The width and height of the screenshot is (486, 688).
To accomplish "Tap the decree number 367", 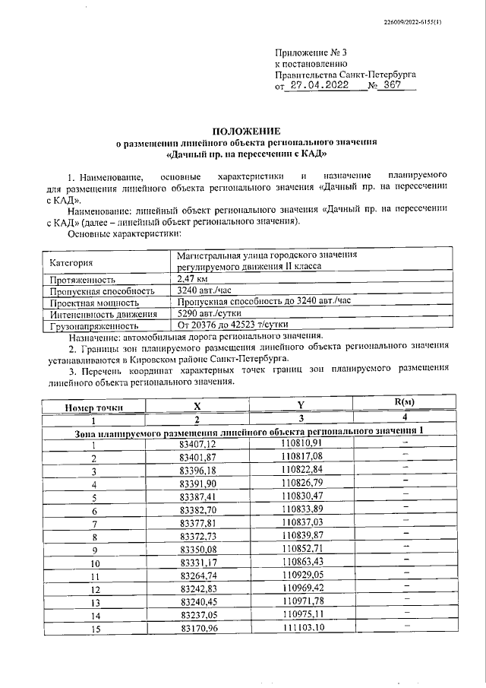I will pyautogui.click(x=392, y=87).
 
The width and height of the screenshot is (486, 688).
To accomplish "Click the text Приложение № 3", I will pyautogui.click(x=310, y=53).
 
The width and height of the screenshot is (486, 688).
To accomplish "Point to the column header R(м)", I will pyautogui.click(x=404, y=401).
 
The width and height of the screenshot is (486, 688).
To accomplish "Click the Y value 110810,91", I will pyautogui.click(x=301, y=443).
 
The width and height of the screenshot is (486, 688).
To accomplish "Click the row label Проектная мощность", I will pyautogui.click(x=93, y=302).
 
